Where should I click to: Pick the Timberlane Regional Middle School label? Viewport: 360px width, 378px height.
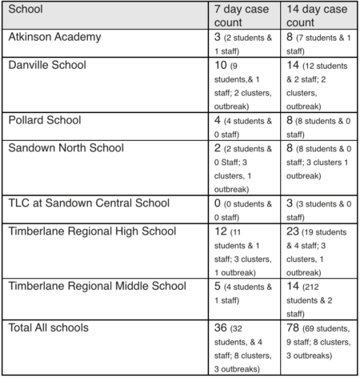coord(97,285)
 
